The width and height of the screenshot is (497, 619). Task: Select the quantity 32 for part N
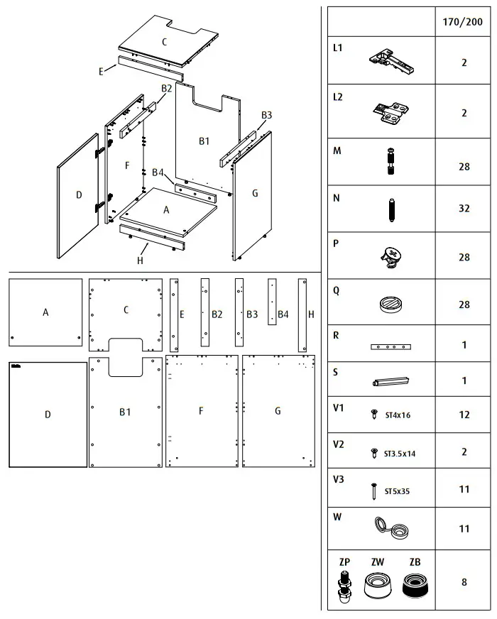pos(464,209)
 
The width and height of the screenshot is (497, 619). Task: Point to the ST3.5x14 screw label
pos(399,453)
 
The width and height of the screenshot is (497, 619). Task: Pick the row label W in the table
pos(337,517)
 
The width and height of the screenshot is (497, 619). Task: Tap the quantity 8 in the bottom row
pos(464,582)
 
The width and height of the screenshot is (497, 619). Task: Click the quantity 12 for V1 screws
pos(464,415)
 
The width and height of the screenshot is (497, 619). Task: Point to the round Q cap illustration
pos(390,305)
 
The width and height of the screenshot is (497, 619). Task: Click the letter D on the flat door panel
pos(48,415)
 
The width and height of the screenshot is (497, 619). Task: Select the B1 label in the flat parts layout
pos(124,412)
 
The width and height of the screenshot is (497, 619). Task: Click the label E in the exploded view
pos(102,71)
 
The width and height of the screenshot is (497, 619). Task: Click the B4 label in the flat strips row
pos(283,314)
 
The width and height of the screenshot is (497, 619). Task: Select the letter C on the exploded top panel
pos(164,42)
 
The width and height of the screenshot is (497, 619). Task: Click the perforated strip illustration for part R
pos(390,347)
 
